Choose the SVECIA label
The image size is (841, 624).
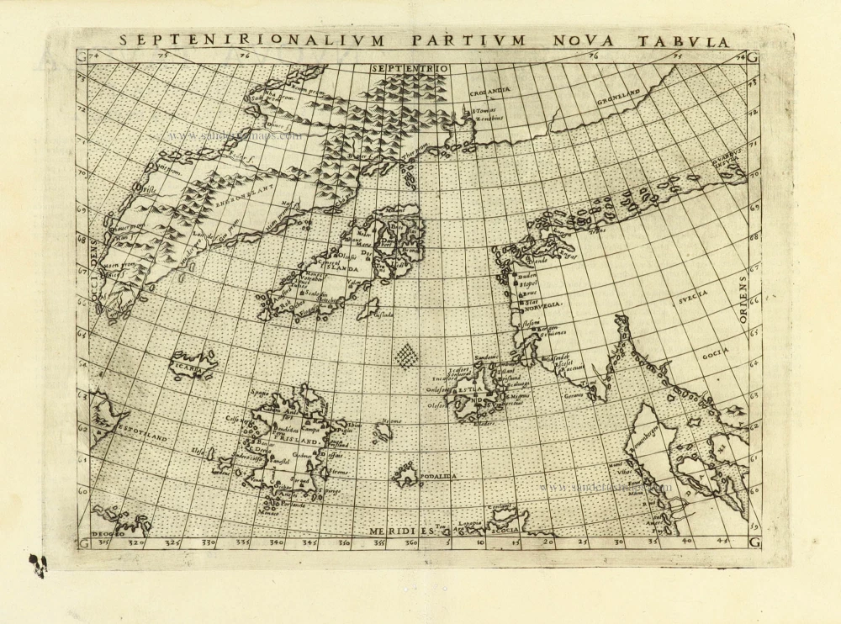693,293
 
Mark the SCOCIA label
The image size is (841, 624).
504,530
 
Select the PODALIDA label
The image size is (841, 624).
436,476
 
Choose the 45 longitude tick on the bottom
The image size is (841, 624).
722,542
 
